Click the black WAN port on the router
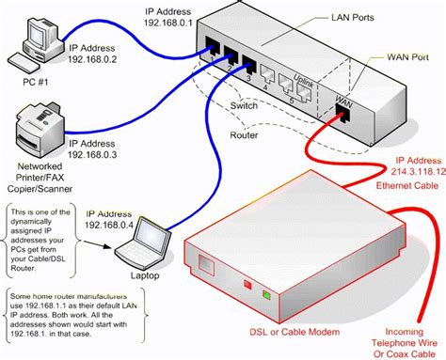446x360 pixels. point(342,112)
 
